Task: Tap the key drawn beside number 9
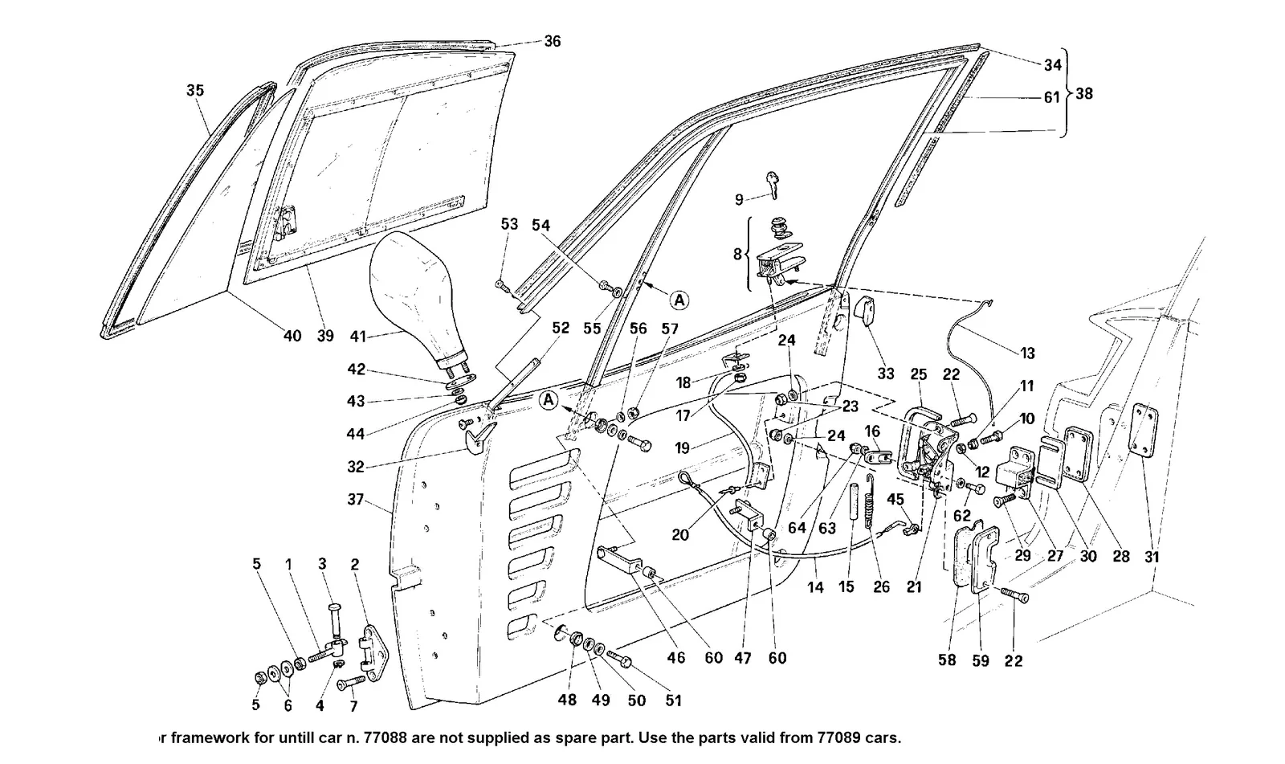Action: pos(773,185)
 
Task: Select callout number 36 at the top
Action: pos(553,41)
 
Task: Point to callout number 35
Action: pos(195,90)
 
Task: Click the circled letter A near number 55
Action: pos(679,300)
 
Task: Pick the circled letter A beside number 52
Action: pos(549,400)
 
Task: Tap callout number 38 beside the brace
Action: pos(1083,93)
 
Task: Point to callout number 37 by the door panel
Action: pos(356,500)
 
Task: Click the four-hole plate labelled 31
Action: pos(1144,430)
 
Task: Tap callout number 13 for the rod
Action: pos(1027,353)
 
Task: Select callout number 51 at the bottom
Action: pos(673,701)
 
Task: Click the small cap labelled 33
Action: pos(864,311)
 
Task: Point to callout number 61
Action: pos(1051,97)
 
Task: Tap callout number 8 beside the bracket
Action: pos(737,254)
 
